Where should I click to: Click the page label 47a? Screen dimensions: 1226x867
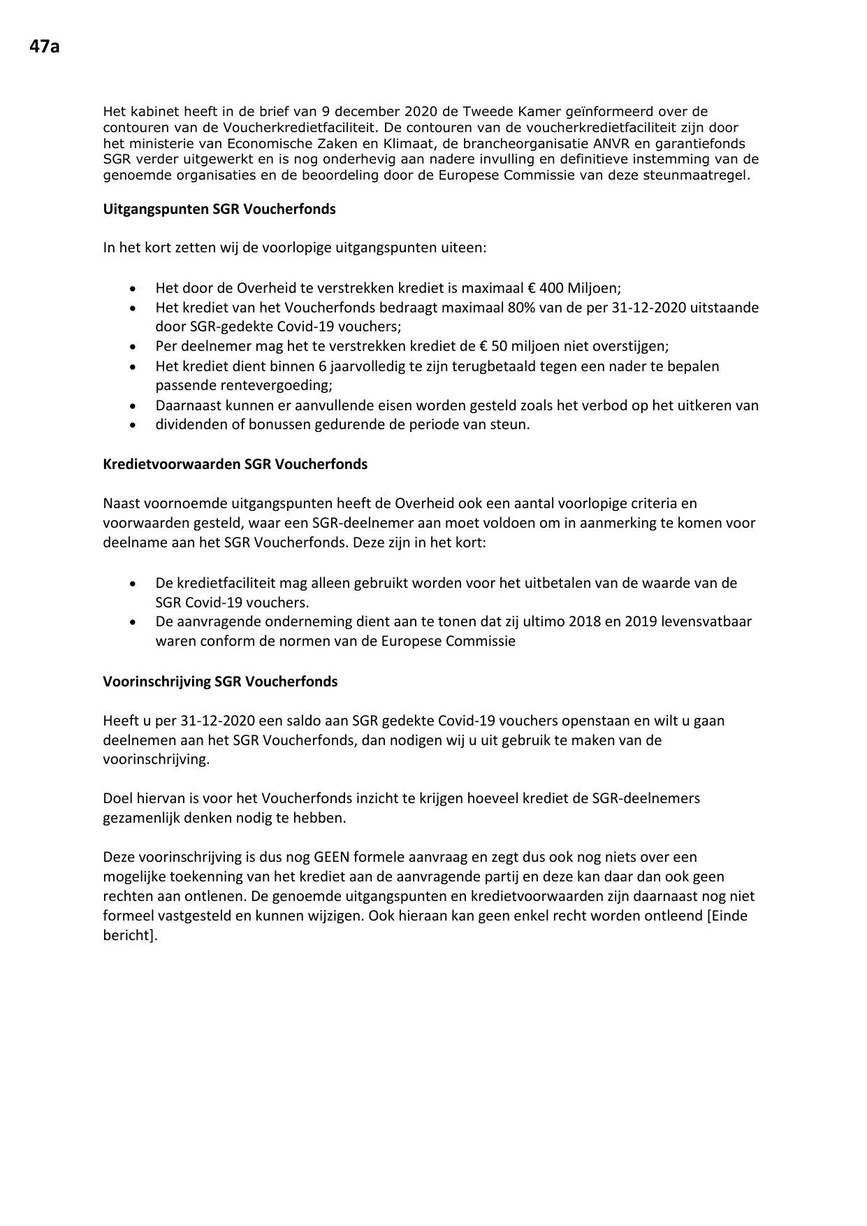click(x=44, y=47)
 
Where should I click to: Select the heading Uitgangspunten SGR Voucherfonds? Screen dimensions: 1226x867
click(x=219, y=209)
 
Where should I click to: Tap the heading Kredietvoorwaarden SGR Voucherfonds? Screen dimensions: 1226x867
click(x=235, y=464)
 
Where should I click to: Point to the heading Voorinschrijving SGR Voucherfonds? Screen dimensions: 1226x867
click(x=220, y=681)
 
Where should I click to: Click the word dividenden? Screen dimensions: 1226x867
click(x=188, y=424)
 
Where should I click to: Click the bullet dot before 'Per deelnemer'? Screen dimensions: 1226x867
click(x=133, y=347)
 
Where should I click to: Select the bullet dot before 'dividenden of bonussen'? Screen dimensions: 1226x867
click(x=133, y=425)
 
